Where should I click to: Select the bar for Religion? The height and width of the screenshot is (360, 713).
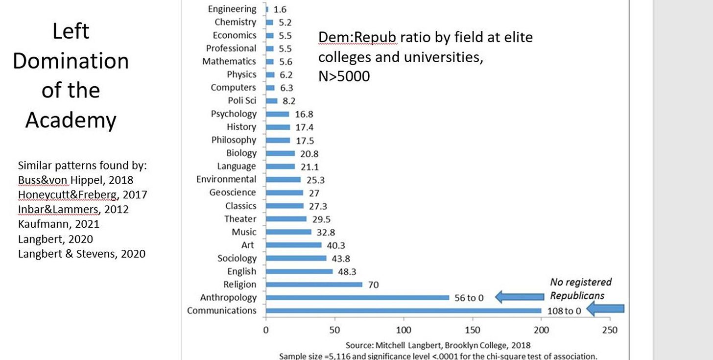pos(314,284)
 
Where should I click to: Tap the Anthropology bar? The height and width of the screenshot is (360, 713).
pos(357,297)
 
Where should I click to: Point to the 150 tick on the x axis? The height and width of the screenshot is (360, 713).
pos(472,330)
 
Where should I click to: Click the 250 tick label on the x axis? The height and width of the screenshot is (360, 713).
pos(610,330)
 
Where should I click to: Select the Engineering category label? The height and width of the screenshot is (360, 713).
pos(232,9)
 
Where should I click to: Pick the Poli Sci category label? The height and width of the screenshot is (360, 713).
pos(242,100)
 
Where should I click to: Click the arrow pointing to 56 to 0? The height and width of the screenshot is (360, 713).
pos(520,296)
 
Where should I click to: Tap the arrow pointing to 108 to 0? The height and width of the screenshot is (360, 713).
pos(605,309)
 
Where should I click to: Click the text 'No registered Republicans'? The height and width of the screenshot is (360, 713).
pos(580,288)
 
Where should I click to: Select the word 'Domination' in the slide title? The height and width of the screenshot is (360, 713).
pos(71,61)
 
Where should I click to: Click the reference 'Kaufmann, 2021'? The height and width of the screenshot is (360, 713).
pos(58,224)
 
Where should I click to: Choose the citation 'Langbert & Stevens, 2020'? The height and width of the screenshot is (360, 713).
pos(81,254)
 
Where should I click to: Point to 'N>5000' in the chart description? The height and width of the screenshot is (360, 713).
pos(344,76)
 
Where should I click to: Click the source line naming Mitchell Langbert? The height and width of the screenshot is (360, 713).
pos(438,345)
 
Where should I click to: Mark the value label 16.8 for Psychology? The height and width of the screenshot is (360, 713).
pos(303,114)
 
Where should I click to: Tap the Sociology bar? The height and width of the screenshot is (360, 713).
pos(296,258)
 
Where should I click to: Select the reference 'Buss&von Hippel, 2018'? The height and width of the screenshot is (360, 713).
pos(75,180)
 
